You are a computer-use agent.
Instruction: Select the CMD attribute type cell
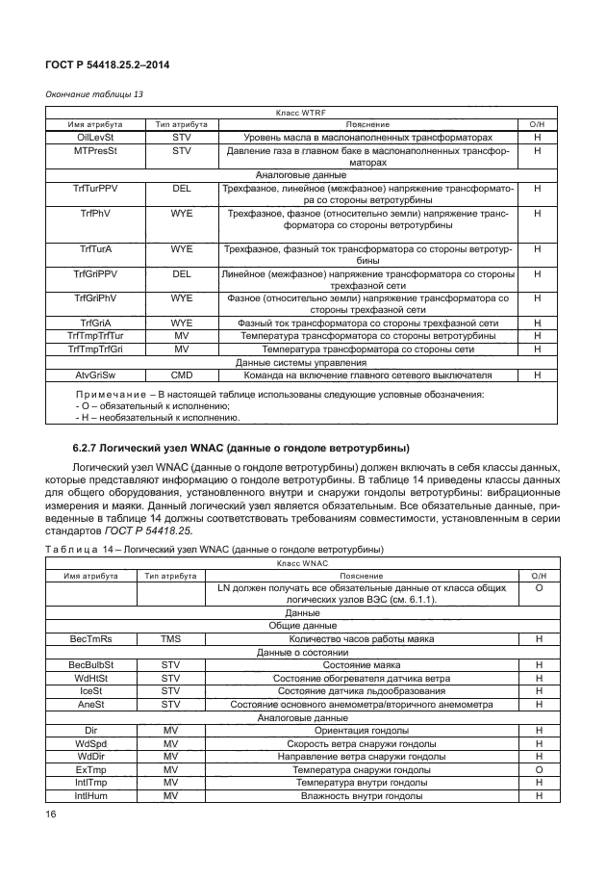182,375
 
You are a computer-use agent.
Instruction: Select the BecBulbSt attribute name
91,664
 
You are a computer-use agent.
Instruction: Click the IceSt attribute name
91,690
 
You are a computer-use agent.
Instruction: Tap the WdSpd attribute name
91,743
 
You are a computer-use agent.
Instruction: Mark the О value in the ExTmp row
539,769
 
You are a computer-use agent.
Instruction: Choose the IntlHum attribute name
91,795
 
